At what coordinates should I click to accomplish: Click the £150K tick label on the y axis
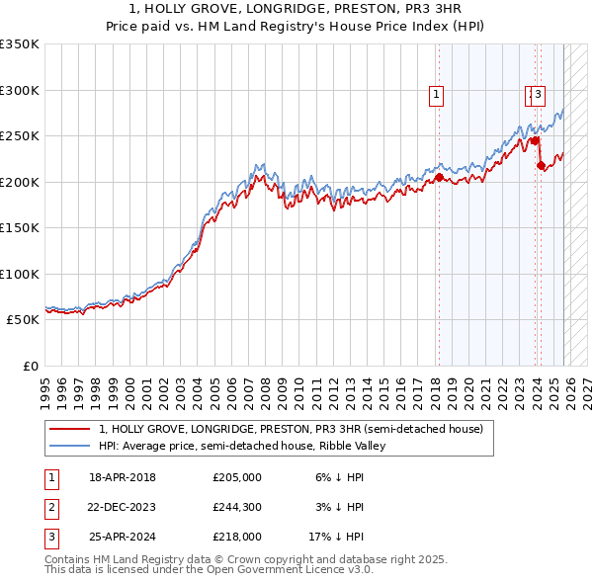pyautogui.click(x=19, y=228)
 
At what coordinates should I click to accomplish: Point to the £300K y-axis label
pyautogui.click(x=19, y=90)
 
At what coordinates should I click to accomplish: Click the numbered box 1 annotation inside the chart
pyautogui.click(x=436, y=95)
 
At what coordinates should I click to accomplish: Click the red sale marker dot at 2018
pyautogui.click(x=439, y=177)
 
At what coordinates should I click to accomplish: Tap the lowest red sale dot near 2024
pyautogui.click(x=541, y=165)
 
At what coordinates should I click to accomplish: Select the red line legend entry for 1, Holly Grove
pyautogui.click(x=290, y=429)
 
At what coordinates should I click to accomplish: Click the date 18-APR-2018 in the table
pyautogui.click(x=123, y=477)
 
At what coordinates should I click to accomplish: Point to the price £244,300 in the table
pyautogui.click(x=237, y=507)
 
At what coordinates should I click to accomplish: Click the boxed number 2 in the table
pyautogui.click(x=50, y=507)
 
